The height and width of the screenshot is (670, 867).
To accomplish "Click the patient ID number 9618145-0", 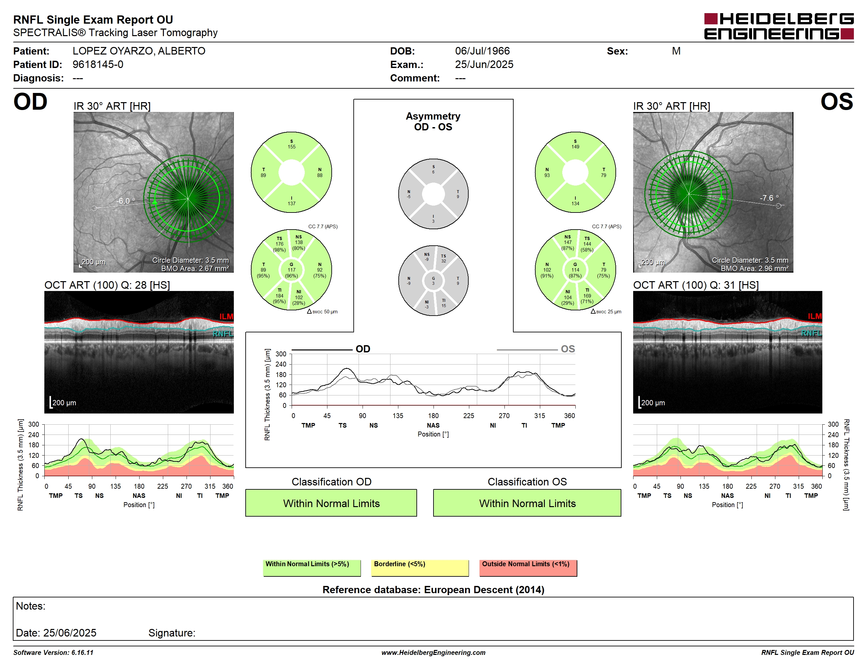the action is [x=98, y=64].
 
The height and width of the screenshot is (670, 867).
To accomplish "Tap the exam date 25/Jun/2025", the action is [x=484, y=64].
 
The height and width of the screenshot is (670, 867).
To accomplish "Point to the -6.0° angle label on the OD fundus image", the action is [x=125, y=201].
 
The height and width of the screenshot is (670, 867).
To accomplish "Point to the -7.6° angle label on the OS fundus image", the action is [x=769, y=198].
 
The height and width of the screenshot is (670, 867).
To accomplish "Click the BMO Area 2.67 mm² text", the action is [x=195, y=269].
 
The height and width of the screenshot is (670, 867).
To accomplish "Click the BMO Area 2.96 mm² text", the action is [x=755, y=269].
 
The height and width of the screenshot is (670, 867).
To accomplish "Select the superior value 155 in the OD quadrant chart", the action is [x=291, y=147].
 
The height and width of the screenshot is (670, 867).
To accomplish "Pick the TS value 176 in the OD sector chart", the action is [x=279, y=244].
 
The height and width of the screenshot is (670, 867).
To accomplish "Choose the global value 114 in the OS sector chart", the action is [x=575, y=270].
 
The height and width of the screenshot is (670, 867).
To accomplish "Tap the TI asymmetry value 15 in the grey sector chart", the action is [x=443, y=306].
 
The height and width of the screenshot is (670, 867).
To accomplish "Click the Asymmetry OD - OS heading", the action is [x=433, y=122].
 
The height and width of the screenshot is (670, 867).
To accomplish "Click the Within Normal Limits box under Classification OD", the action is [x=331, y=503].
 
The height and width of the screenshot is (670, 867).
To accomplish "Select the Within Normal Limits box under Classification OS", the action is [x=527, y=503].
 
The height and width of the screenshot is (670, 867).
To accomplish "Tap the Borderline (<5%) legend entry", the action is [x=420, y=568].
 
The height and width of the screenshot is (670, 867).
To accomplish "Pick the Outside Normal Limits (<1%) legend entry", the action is [x=528, y=568].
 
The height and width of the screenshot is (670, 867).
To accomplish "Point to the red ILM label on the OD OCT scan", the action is [x=226, y=316].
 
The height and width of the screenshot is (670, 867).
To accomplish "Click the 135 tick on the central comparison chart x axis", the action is [x=398, y=415].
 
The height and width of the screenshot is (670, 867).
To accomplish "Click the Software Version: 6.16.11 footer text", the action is [x=53, y=653].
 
